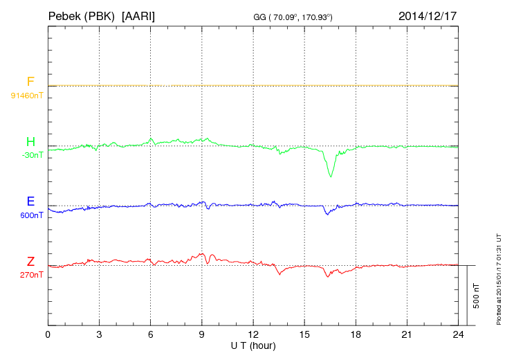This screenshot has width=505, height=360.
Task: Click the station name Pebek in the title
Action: pos(64,15)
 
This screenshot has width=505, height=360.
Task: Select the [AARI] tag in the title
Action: pos(138,15)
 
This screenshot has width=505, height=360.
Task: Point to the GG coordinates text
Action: pos(293,17)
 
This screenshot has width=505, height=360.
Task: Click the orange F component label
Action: pos(30,82)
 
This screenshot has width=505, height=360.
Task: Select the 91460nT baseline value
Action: pos(26,95)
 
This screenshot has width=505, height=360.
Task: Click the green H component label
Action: pos(30,143)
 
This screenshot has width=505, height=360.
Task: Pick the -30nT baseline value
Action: pos(32,155)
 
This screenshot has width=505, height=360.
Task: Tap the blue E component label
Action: pos(30,202)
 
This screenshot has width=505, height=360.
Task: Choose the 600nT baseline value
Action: pos(32,215)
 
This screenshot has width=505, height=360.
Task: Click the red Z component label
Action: pos(30,262)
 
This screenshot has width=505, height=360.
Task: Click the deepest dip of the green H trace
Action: pos(331,176)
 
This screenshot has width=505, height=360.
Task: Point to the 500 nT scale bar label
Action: pos(477,296)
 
